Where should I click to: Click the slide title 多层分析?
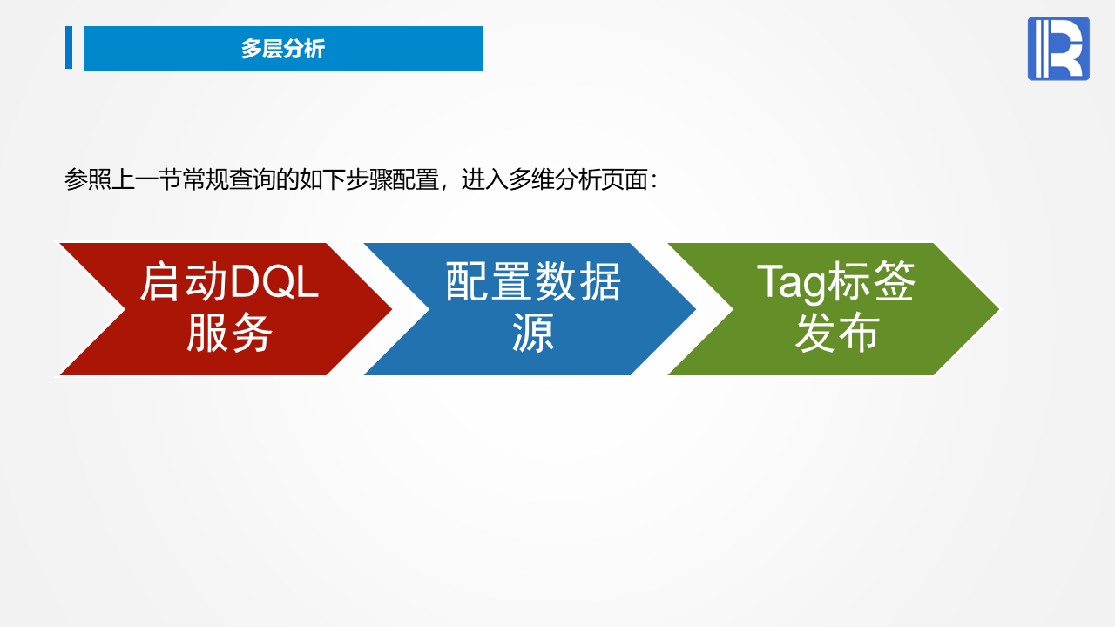pyautogui.click(x=283, y=49)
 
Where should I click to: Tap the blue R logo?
pyautogui.click(x=1058, y=48)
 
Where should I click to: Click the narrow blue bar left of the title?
pyautogui.click(x=69, y=47)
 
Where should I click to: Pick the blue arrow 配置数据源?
pyautogui.click(x=530, y=309)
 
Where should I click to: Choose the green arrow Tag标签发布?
pyautogui.click(x=834, y=309)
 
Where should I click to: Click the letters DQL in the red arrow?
pyautogui.click(x=274, y=282)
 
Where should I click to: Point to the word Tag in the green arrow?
pyautogui.click(x=790, y=283)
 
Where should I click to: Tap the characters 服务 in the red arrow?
pyautogui.click(x=229, y=333)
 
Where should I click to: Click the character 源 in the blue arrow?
pyautogui.click(x=533, y=333)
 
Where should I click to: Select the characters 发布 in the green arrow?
pyautogui.click(x=837, y=333)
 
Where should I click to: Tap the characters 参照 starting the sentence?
pyautogui.click(x=88, y=179)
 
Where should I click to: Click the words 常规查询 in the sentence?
pyautogui.click(x=228, y=179)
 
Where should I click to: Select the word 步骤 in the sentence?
pyautogui.click(x=368, y=179)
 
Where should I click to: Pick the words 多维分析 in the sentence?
pyautogui.click(x=555, y=179)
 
